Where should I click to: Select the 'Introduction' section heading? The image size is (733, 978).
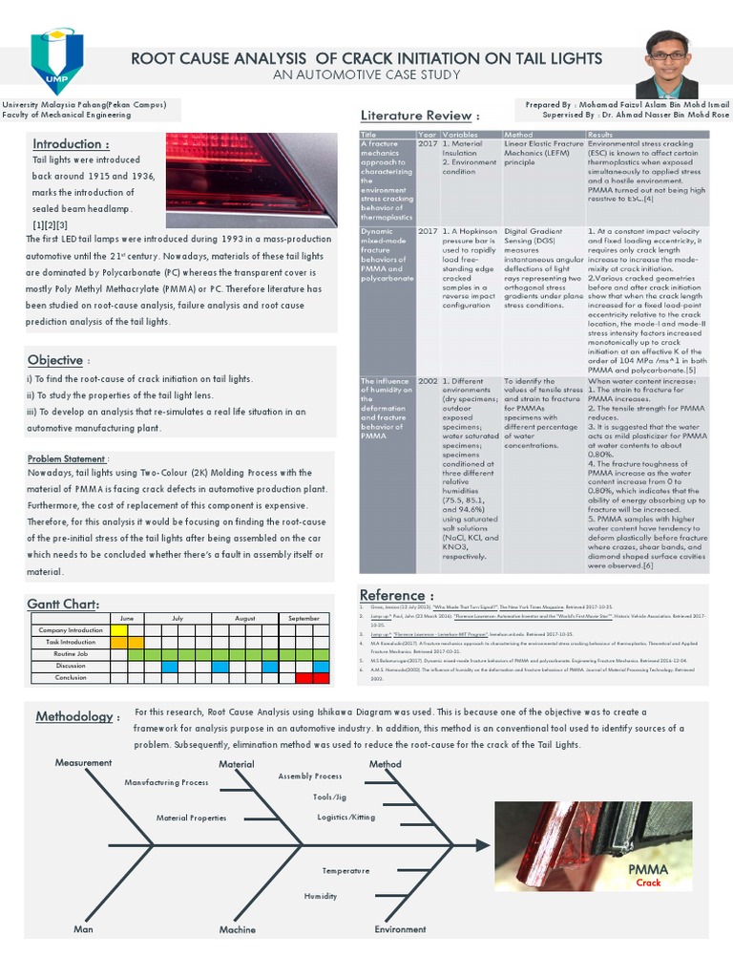[70, 144]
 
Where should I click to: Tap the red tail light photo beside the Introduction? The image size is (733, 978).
[251, 179]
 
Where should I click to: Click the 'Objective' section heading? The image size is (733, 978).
[55, 360]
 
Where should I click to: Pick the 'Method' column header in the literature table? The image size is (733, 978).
[518, 135]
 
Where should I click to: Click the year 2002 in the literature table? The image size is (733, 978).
[427, 381]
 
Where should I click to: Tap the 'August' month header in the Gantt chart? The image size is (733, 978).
[245, 619]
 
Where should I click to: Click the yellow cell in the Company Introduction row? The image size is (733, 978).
[119, 630]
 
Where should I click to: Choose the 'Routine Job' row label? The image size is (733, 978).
[71, 654]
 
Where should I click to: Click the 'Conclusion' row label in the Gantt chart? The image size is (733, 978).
[71, 677]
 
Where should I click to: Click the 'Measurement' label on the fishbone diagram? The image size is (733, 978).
[84, 762]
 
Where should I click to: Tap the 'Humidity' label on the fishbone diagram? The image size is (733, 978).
[321, 896]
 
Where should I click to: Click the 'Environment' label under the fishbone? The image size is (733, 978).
[400, 929]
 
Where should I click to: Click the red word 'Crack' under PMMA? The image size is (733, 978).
[648, 883]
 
